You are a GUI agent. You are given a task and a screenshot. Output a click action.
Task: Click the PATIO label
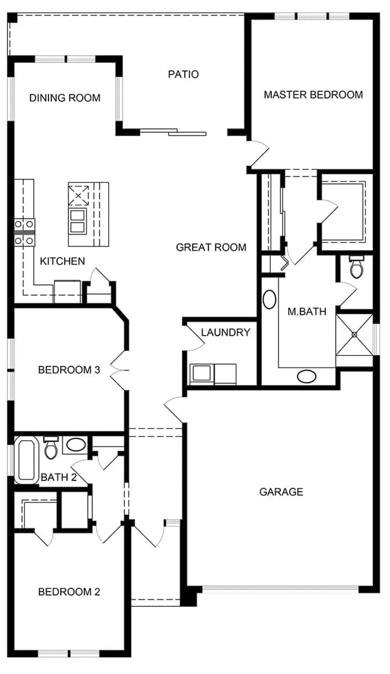point(183,74)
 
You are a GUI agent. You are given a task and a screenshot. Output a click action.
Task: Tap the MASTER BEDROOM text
point(313,95)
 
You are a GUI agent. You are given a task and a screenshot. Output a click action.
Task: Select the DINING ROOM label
point(65,98)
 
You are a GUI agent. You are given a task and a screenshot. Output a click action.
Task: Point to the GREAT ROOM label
point(211,247)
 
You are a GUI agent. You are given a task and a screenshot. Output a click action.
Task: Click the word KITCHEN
point(63,261)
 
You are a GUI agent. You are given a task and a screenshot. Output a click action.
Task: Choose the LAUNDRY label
point(225,332)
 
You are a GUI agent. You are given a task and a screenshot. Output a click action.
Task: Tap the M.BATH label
point(307,311)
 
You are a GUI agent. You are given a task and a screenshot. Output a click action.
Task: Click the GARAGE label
point(281,492)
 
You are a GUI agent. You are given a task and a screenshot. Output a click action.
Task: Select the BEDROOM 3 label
point(69,370)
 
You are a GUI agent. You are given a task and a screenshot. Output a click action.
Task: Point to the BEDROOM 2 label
point(69,592)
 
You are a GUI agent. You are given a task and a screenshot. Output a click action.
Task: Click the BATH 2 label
point(58,477)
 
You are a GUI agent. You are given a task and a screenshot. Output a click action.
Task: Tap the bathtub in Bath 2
point(26,460)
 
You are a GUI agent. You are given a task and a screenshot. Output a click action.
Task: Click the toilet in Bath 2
point(50,448)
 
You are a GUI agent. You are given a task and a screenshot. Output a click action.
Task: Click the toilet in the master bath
point(357,267)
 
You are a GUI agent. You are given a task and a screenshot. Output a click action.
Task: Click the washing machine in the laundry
point(202,374)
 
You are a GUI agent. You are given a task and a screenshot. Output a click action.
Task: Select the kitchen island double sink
point(78,221)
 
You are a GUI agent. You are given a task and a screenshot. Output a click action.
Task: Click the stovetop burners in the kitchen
point(24,232)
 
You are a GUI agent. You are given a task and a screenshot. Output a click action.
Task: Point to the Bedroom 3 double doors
point(120,370)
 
